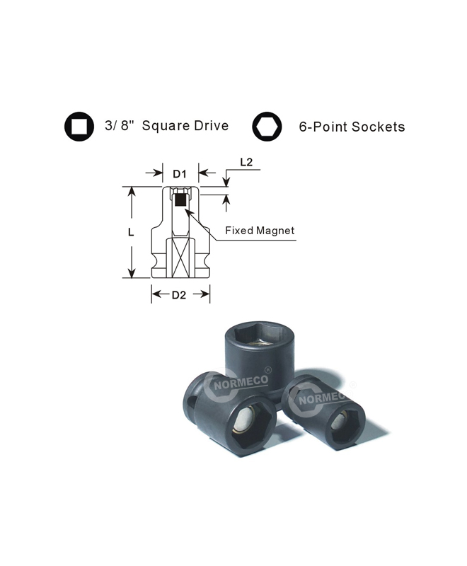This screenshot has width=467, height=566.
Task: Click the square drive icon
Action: pos(79,127)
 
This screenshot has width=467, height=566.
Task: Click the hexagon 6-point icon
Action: pos(267,127)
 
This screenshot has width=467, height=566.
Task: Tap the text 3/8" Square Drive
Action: pos(167,126)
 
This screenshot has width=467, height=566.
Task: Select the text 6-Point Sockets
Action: pos(352,127)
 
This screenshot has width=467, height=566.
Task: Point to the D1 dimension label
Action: pos(179,174)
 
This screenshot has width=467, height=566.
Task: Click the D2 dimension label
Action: pos(178,295)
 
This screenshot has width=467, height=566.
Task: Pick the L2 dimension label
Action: pos(246,162)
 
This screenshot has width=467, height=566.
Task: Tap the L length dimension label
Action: pos(131,232)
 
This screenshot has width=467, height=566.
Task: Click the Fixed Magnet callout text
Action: pos(260,231)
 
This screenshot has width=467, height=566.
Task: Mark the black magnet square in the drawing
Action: pos(180,200)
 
